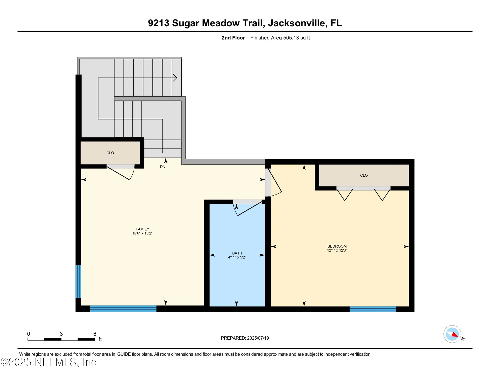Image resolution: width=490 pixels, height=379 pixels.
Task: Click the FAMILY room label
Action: (142, 229)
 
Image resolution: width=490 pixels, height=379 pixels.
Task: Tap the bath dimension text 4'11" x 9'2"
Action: (237, 257)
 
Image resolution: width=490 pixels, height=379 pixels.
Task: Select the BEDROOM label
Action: (337, 246)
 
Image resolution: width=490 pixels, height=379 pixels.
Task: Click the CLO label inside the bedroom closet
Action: (364, 175)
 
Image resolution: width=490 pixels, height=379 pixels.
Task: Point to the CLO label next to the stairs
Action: (110, 153)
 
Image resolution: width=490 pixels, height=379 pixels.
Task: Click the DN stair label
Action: (163, 167)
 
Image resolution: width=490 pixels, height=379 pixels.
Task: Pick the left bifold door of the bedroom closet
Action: (345, 195)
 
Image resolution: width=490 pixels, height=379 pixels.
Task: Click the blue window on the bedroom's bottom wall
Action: (373, 309)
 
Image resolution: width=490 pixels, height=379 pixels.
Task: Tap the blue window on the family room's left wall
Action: (78, 281)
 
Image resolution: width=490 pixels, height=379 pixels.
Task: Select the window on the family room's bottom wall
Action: (123, 309)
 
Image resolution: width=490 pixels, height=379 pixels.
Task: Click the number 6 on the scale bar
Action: (95, 334)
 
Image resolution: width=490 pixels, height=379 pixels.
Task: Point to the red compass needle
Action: (455, 335)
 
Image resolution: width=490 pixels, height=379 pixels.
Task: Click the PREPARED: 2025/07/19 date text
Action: (245, 338)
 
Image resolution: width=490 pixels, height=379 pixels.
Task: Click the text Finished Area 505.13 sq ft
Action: (280, 38)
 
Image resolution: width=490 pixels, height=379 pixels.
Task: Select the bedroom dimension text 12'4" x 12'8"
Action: (337, 250)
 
